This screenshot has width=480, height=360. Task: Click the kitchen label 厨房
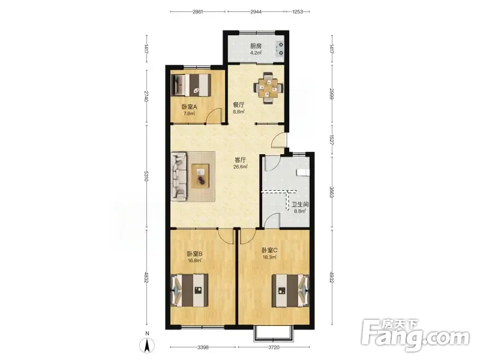pyautogui.click(x=256, y=46)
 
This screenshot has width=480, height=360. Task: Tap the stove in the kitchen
pyautogui.click(x=280, y=50)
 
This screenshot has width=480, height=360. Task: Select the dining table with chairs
pyautogui.click(x=268, y=88)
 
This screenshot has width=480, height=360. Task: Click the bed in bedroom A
pyautogui.click(x=191, y=85)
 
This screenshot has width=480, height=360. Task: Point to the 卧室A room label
pyautogui.click(x=189, y=107)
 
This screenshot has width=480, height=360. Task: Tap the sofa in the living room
pyautogui.click(x=179, y=177)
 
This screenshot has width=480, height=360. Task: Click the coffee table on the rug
pyautogui.click(x=200, y=176)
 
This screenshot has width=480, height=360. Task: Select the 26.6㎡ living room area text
pyautogui.click(x=241, y=167)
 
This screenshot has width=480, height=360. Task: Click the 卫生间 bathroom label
pyautogui.click(x=299, y=205)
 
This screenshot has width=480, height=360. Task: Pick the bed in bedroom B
pyautogui.click(x=190, y=290)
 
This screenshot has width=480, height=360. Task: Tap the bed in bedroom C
pyautogui.click(x=291, y=290)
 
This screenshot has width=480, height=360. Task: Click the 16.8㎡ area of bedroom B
pyautogui.click(x=194, y=260)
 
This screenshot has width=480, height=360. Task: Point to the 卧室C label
pyautogui.click(x=269, y=250)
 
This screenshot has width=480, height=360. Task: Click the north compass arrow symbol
pyautogui.click(x=147, y=345)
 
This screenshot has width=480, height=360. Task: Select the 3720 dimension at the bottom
pyautogui.click(x=274, y=347)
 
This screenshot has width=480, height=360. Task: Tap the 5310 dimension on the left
pyautogui.click(x=146, y=176)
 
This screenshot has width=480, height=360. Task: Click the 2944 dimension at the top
pyautogui.click(x=256, y=11)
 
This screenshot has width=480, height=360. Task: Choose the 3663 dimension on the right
pyautogui.click(x=332, y=191)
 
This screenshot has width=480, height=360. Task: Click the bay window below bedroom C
pyautogui.click(x=274, y=334)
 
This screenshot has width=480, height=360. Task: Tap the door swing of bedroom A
pyautogui.click(x=213, y=115)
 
